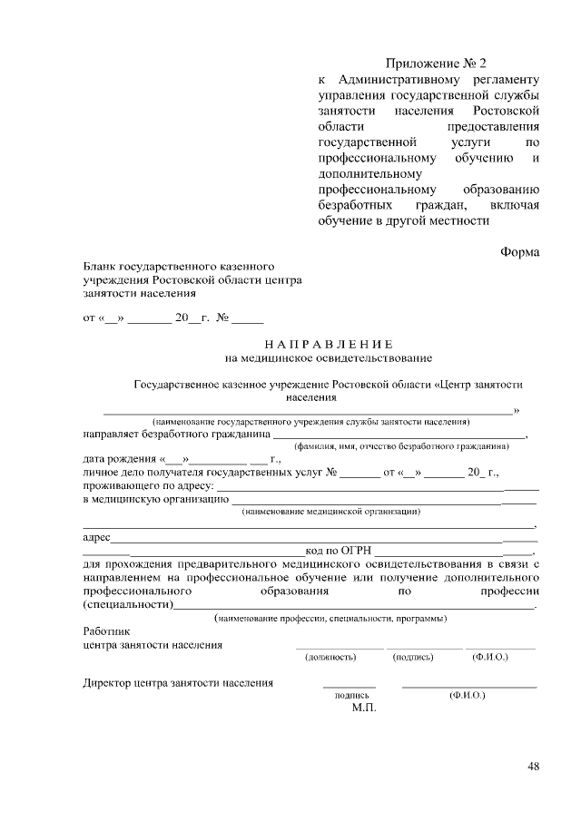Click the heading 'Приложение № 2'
436,64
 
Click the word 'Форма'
520,251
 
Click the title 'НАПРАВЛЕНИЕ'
329,345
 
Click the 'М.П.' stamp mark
363,708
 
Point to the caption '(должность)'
330,656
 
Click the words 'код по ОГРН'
339,551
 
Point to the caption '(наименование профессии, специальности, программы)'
330,618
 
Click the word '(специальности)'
127,604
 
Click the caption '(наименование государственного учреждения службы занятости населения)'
311,422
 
